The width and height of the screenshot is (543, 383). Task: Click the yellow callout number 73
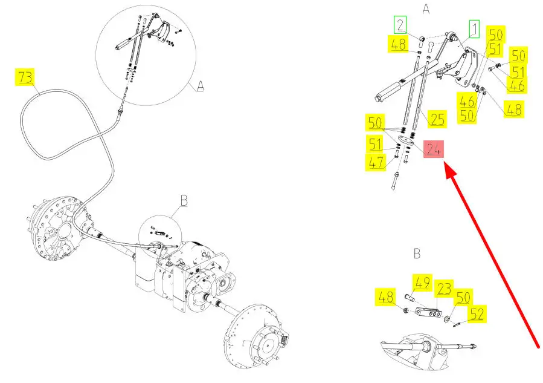[x=26, y=78]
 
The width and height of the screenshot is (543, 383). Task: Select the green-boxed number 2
[x=400, y=25]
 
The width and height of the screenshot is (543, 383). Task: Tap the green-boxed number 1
[x=474, y=28]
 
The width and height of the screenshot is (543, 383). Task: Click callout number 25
[x=437, y=119]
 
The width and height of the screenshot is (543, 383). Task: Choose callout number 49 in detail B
[x=422, y=282]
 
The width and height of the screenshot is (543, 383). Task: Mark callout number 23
[x=445, y=290]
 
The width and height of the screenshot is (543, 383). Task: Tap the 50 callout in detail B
[x=462, y=297]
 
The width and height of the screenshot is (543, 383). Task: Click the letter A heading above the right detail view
[x=426, y=9]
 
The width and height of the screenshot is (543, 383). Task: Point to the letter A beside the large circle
[x=201, y=87]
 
